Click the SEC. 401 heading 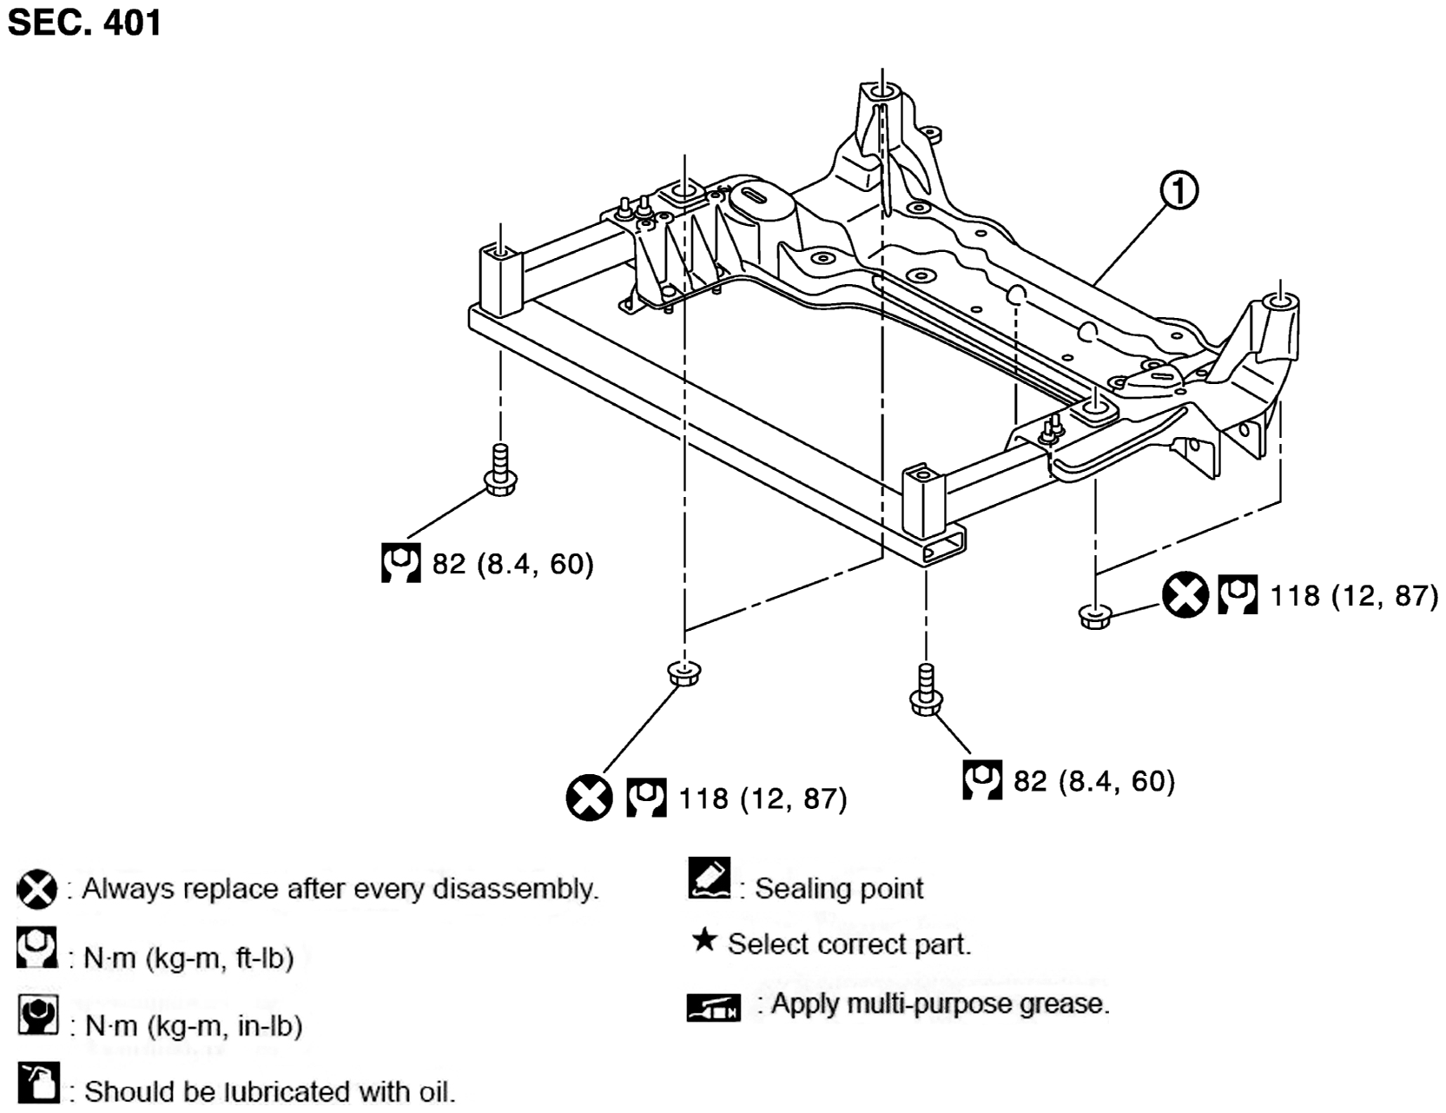point(84,23)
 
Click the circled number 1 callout point(1179,190)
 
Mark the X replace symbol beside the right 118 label point(1185,595)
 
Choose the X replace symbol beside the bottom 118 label point(590,798)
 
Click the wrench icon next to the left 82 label point(401,563)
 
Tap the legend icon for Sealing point point(710,878)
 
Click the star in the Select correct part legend point(704,939)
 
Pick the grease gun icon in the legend point(714,1008)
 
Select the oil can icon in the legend point(38,1083)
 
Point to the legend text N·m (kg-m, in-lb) point(194,1026)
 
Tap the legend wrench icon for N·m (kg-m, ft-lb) point(37,948)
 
